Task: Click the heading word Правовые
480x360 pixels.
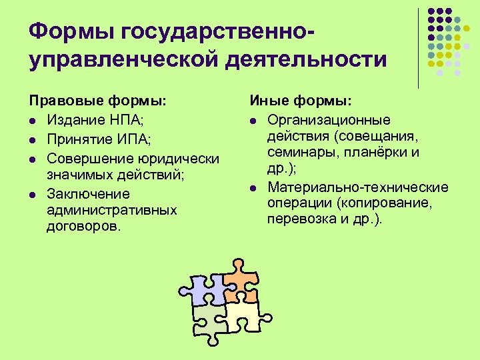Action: pyautogui.click(x=61, y=101)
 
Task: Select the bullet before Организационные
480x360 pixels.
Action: pyautogui.click(x=253, y=121)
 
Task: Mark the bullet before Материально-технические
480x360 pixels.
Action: pyautogui.click(x=253, y=189)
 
